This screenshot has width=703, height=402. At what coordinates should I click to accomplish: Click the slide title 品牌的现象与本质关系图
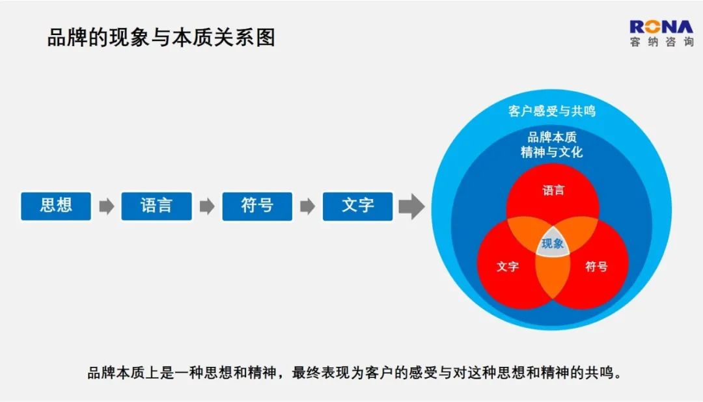point(161,38)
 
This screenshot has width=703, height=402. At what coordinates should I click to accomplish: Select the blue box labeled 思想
point(56,206)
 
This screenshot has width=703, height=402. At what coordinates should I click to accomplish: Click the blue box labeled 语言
point(156,206)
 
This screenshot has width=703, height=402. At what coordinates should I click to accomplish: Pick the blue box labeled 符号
point(257,206)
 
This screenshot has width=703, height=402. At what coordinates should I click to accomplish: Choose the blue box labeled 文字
point(358,206)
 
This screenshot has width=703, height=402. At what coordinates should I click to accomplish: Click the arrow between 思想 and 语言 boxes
point(107,207)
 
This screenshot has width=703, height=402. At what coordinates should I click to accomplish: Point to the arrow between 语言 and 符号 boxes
point(207,207)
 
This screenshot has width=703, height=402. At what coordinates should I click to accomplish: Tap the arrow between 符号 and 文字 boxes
point(307,207)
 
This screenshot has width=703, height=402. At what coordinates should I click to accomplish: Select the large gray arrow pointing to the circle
point(411,207)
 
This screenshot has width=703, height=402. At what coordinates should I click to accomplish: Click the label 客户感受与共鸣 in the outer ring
point(552,111)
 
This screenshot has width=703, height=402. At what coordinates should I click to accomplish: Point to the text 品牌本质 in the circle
point(552,137)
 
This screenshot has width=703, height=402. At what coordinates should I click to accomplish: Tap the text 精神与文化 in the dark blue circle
point(552,152)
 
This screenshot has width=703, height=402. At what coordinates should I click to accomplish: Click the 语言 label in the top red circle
point(553,191)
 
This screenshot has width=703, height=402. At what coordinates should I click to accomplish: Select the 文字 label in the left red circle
point(508,267)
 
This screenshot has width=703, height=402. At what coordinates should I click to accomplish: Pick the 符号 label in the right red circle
point(596,267)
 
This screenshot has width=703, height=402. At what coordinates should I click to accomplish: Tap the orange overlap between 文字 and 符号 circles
point(553,275)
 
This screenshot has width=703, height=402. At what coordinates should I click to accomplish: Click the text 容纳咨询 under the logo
point(662,42)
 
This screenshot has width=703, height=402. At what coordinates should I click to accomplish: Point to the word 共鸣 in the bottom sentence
point(599,373)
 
